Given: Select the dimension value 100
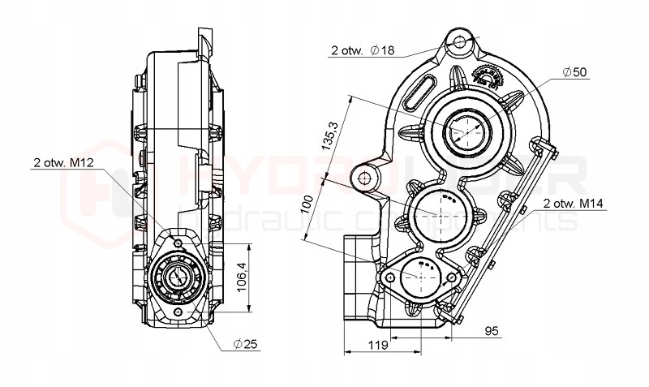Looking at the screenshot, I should coord(307,203).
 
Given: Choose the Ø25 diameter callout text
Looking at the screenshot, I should coord(245,345).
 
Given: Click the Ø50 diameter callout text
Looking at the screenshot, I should coord(574,72).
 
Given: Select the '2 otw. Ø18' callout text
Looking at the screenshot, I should coord(362,50).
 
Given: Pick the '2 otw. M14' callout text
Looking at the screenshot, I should coord(574,203).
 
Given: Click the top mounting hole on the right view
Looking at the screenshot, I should coord(461,41).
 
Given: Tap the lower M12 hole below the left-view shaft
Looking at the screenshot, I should coord(178,311).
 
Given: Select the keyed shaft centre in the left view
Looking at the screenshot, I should coord(178,277).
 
